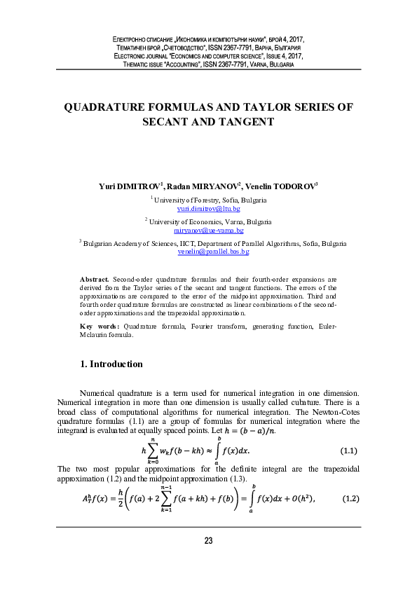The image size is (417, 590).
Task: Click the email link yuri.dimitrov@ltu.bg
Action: [208, 209]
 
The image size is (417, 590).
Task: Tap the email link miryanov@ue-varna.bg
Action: [208, 230]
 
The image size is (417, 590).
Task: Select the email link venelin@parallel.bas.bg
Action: [208, 251]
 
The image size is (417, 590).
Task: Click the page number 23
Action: [208, 560]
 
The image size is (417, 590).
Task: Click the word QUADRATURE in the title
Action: [107, 108]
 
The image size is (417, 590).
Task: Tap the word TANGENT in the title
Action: [247, 122]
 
